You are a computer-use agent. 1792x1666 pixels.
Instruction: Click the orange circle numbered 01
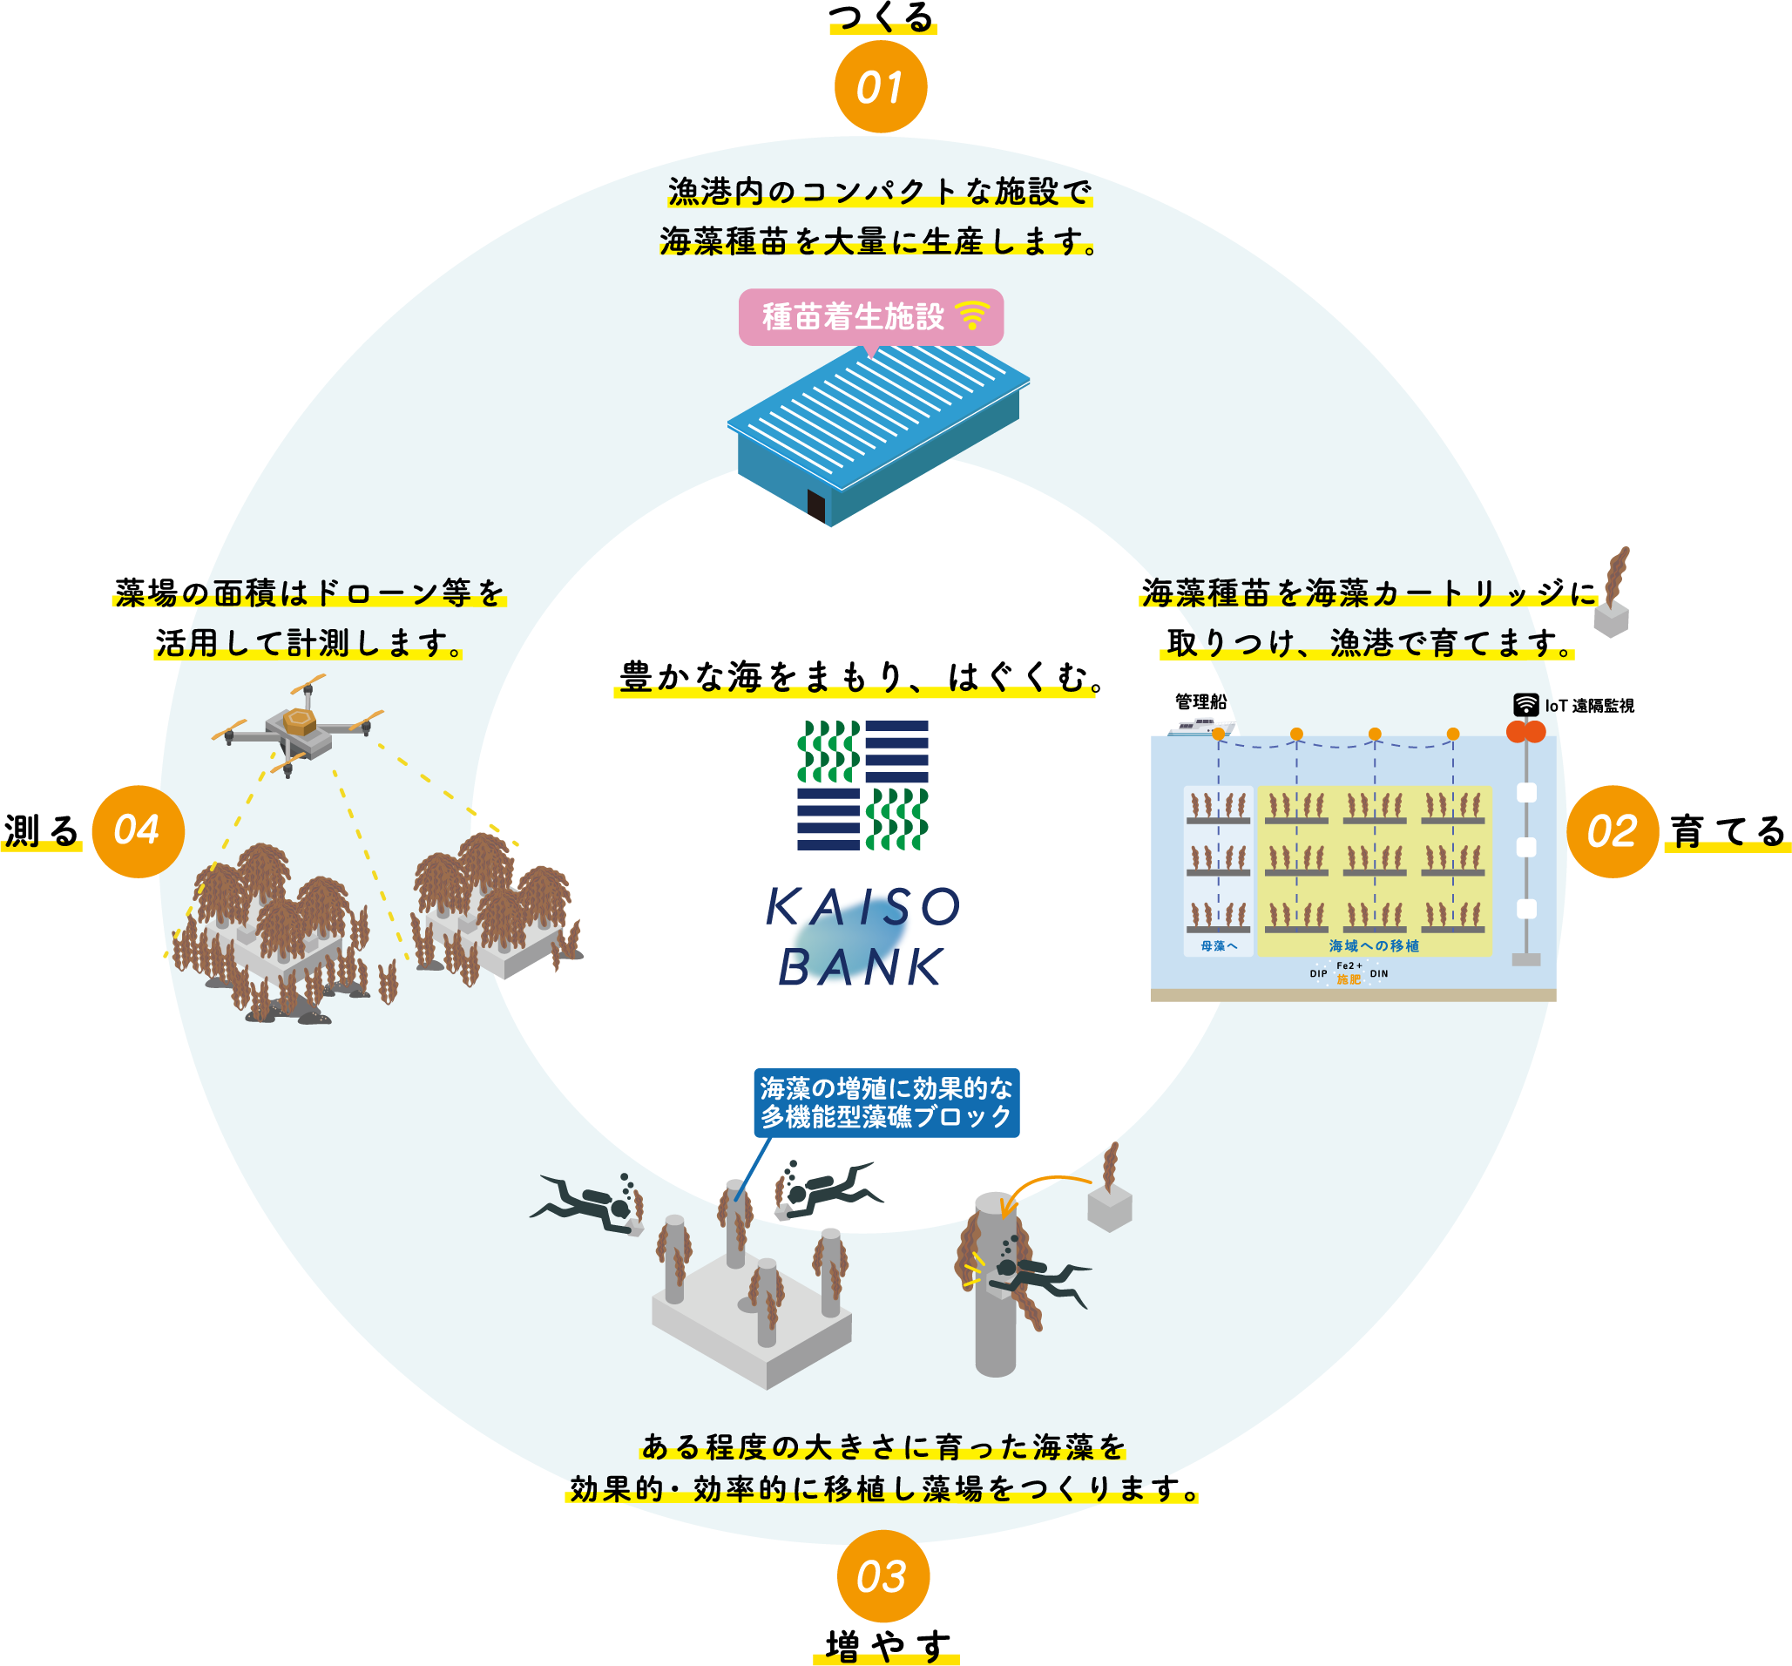881,87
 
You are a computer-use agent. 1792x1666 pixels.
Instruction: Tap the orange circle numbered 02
1613,831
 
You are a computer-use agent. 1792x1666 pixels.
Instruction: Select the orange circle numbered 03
882,1576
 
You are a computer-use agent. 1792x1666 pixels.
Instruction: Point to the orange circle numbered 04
138,830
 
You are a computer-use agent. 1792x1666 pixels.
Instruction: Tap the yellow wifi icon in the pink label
972,315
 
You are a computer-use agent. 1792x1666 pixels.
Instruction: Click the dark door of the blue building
815,506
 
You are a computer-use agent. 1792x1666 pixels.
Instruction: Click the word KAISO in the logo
862,907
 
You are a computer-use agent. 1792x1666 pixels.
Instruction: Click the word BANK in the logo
861,968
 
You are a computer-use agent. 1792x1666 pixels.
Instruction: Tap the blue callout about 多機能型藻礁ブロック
886,1102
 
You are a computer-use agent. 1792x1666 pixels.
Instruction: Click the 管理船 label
1200,701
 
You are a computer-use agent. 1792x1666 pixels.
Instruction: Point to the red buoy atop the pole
1526,731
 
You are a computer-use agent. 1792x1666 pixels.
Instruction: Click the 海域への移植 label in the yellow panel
1374,945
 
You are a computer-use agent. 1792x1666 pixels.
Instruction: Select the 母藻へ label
1219,945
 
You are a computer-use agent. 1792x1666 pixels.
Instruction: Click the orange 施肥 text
1349,979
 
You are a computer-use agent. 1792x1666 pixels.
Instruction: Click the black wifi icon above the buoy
1525,704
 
